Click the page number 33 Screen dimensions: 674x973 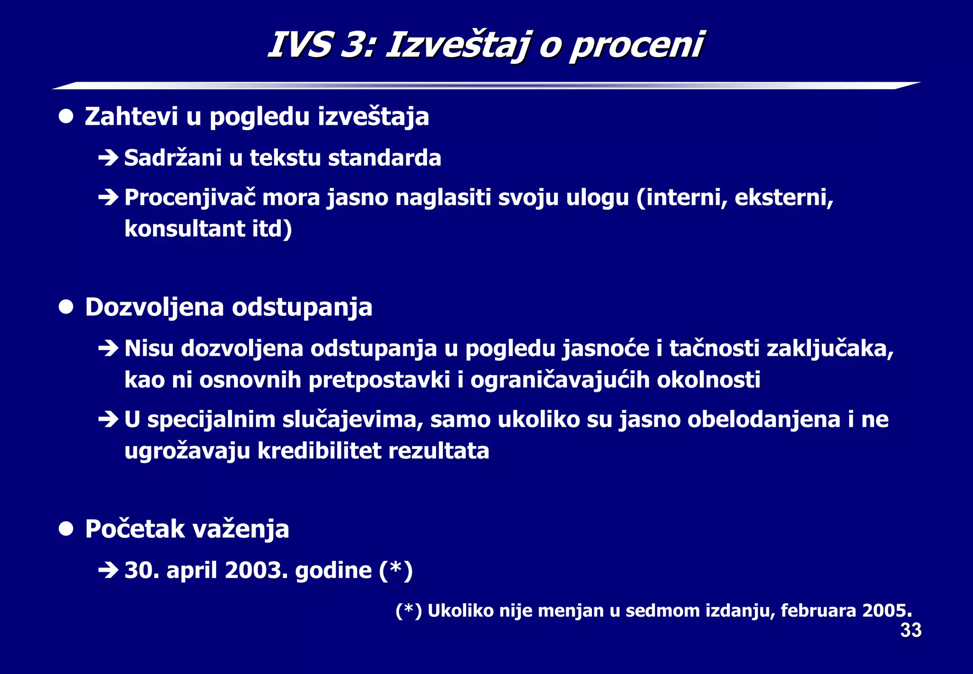911,630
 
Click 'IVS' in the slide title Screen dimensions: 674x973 299,45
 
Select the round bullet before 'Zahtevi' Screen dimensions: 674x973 66,116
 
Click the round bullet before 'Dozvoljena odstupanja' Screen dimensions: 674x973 66,307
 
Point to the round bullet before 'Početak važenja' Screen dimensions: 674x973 66,529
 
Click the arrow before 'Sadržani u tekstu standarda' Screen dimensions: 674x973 108,158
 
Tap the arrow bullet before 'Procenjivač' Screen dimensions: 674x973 108,198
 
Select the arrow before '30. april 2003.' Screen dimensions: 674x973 108,570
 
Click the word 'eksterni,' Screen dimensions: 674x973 784,198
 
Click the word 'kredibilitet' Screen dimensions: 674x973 319,451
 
